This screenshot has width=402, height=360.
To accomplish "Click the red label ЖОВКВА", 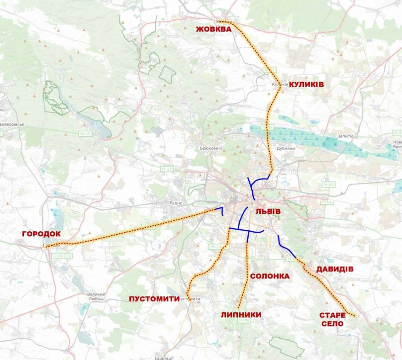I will point(213,30).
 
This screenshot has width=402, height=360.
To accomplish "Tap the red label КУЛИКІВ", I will point(306,85).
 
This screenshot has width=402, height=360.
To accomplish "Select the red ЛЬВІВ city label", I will point(268,211).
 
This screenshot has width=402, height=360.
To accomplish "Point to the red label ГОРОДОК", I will point(41,234).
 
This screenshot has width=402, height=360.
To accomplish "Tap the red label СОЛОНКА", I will point(270,276).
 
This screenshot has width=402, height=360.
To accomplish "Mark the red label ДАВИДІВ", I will point(335,269).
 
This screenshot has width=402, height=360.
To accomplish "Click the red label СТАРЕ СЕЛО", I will point(332,319).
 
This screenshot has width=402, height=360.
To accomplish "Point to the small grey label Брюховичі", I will point(210,149).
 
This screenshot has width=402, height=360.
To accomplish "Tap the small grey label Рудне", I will point(176,203).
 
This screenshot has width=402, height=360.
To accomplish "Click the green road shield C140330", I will point(61,256).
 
